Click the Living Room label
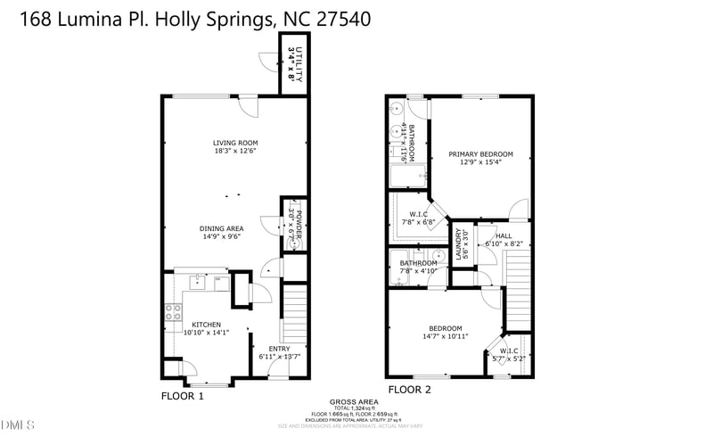pos(235,143)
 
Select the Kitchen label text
pos(206,324)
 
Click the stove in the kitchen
pos(173,313)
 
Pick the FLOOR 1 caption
pos(183,395)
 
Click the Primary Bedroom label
pos(480,154)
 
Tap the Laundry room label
pos(460,243)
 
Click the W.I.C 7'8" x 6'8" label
pos(419,214)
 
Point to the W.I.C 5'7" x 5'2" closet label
pos(510,350)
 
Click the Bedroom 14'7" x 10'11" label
pos(445,328)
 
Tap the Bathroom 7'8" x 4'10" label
pos(418,263)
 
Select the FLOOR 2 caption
pos(409,390)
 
